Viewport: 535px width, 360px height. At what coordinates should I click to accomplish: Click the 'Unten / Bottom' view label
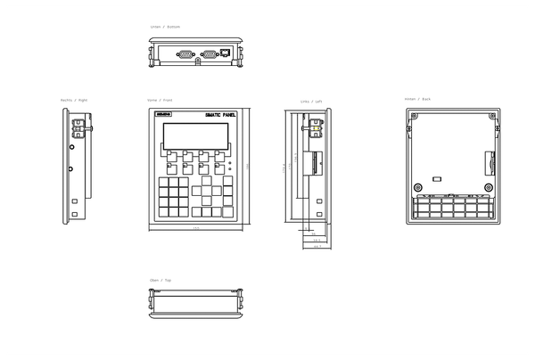165,27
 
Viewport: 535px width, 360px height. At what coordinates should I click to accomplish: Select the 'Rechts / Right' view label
74,100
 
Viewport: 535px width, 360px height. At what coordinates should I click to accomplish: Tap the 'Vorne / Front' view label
161,100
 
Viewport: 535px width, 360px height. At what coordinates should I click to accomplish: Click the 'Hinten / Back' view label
417,99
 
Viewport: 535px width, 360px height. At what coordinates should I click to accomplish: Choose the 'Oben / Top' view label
161,280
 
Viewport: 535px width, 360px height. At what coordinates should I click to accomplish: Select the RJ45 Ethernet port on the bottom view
225,53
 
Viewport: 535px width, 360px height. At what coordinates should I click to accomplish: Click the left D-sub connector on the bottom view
185,53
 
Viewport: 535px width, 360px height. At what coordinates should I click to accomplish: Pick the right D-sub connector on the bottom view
209,53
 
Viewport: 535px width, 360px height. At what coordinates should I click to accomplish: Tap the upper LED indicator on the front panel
230,161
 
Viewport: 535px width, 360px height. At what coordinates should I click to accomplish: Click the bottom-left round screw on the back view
418,186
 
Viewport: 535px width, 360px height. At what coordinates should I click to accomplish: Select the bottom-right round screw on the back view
489,186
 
